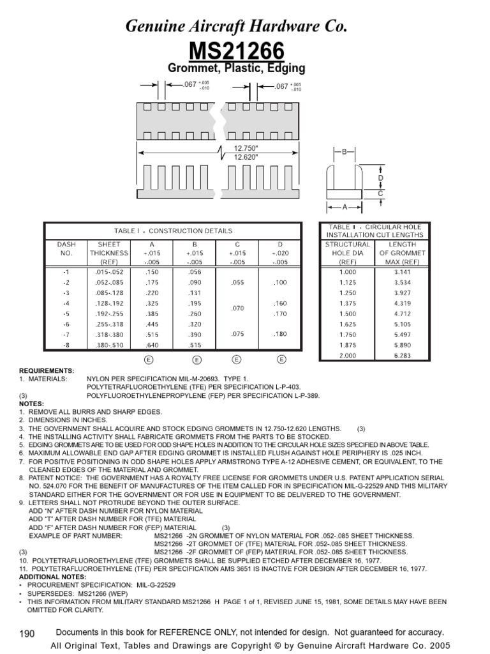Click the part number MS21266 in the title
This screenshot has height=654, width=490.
click(x=245, y=51)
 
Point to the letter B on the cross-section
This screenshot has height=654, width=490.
click(x=344, y=152)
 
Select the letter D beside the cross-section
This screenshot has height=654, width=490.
click(x=381, y=178)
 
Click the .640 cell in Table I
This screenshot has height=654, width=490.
click(x=151, y=346)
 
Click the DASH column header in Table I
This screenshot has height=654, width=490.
click(x=66, y=245)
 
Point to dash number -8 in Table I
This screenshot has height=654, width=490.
click(x=66, y=346)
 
